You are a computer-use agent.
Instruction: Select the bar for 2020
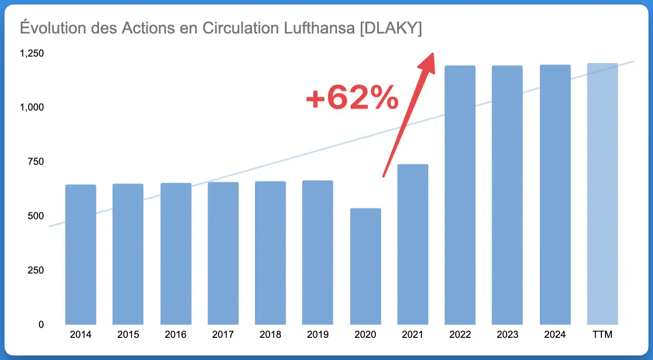[365, 266]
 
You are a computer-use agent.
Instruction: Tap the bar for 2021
[412, 244]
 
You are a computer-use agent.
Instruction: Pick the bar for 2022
[460, 195]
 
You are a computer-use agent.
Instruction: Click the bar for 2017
[223, 253]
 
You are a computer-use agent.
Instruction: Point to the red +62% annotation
[352, 99]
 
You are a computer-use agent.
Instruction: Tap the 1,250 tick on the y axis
[32, 53]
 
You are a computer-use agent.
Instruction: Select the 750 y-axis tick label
[35, 162]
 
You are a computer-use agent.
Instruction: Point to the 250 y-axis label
[35, 270]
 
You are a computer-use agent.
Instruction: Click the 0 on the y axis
[41, 325]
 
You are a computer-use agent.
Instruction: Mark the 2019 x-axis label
[318, 335]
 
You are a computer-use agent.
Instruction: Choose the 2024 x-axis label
[555, 335]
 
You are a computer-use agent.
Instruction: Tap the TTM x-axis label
[602, 335]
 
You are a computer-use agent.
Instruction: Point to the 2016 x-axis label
[175, 335]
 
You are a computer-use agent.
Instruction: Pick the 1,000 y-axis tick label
[32, 108]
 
